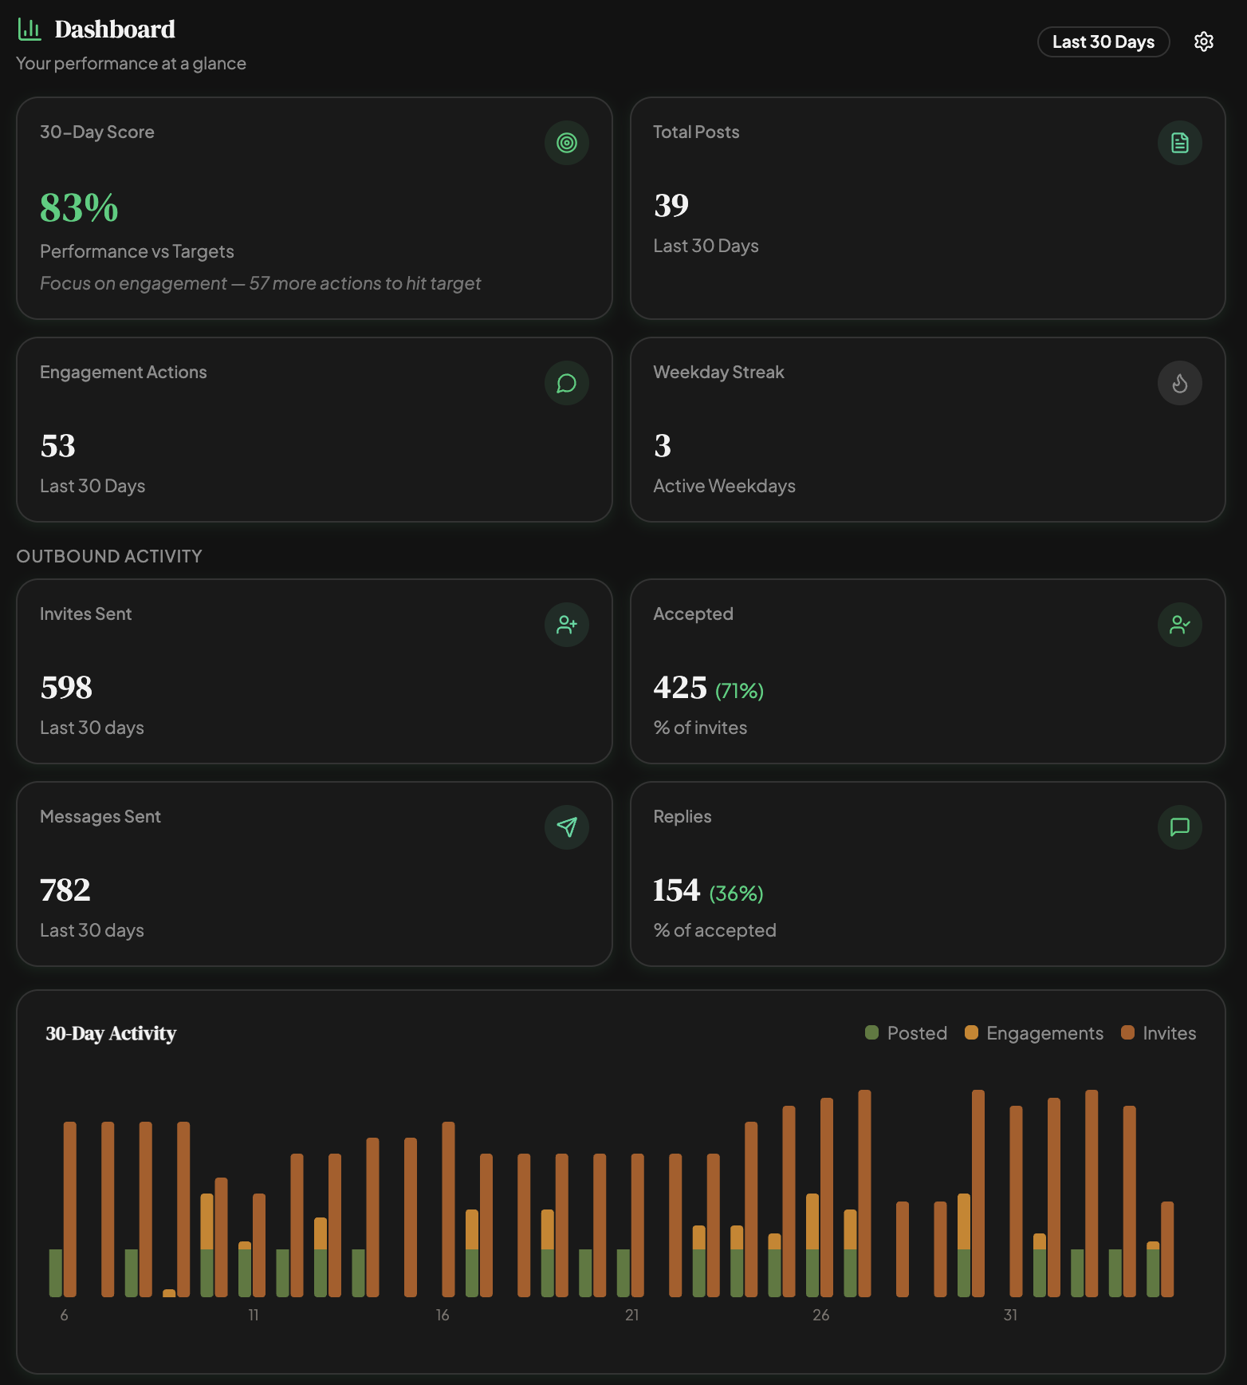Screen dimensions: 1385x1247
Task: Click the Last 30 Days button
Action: (1103, 42)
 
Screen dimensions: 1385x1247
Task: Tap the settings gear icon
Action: (1203, 42)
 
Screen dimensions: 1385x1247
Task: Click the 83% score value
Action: (79, 208)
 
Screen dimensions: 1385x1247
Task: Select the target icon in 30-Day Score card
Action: (566, 143)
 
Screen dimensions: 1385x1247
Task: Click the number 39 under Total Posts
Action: (671, 206)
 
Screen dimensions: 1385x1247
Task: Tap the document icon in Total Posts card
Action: (1179, 143)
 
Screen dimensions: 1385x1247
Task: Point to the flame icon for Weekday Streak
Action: (1179, 384)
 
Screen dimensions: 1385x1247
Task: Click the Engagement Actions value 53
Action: (57, 446)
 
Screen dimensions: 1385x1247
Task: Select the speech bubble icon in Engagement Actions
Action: (566, 384)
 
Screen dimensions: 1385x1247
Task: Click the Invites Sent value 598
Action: (66, 688)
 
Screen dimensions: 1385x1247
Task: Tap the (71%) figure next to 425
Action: (739, 691)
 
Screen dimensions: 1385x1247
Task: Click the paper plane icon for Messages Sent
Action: (566, 827)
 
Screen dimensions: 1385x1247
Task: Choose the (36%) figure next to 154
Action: (736, 894)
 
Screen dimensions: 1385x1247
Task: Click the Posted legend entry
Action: (907, 1033)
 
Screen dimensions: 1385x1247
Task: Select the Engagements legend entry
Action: (1034, 1033)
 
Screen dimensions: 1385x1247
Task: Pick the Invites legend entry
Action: (1158, 1033)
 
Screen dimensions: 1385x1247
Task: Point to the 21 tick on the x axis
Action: (631, 1315)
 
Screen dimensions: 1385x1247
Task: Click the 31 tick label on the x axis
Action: (1010, 1315)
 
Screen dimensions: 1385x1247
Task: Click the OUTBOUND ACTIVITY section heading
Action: (109, 556)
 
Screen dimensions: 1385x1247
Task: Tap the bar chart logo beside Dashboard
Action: (30, 30)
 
